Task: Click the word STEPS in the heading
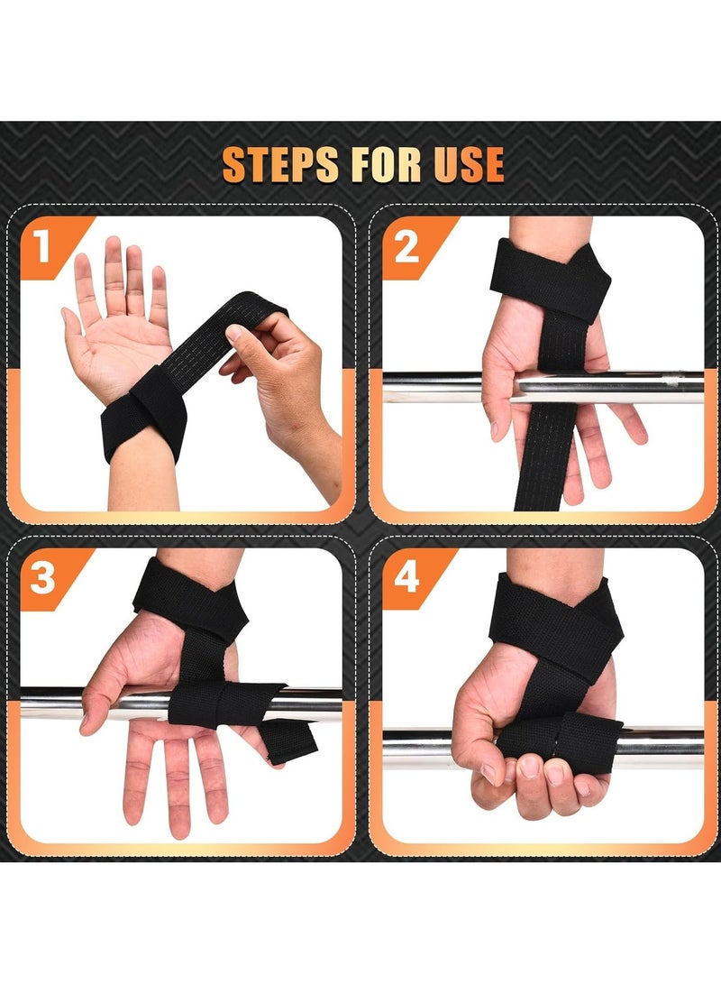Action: pyautogui.click(x=280, y=164)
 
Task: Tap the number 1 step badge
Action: pyautogui.click(x=42, y=245)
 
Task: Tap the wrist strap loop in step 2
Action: pyautogui.click(x=551, y=280)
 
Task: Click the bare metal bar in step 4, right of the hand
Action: pyautogui.click(x=662, y=748)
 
